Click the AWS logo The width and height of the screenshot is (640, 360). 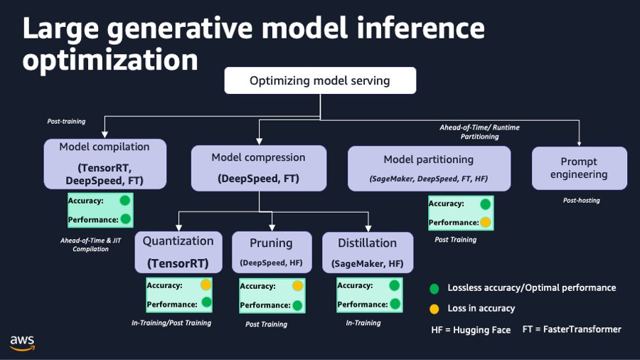pyautogui.click(x=23, y=342)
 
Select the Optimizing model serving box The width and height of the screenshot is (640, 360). pyautogui.click(x=320, y=81)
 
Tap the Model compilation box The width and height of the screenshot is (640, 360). pyautogui.click(x=105, y=164)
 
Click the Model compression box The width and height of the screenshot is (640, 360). pyautogui.click(x=258, y=168)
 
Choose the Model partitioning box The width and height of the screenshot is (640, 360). pyautogui.click(x=429, y=169)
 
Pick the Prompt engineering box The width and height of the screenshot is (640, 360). pyautogui.click(x=579, y=168)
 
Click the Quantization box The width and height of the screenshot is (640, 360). pyautogui.click(x=178, y=252)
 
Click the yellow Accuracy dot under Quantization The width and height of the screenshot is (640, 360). pyautogui.click(x=206, y=285)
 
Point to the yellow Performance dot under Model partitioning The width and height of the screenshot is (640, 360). pyautogui.click(x=486, y=223)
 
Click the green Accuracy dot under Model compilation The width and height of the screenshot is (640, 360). pyautogui.click(x=124, y=201)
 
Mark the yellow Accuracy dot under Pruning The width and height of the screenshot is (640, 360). pyautogui.click(x=298, y=286)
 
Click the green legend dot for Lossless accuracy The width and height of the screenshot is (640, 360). pyautogui.click(x=434, y=288)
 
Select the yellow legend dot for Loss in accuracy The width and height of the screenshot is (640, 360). pyautogui.click(x=434, y=309)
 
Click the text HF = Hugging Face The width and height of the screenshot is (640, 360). pyautogui.click(x=471, y=329)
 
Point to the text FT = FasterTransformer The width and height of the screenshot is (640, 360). pyautogui.click(x=571, y=329)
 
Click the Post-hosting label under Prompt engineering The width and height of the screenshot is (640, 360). pyautogui.click(x=581, y=201)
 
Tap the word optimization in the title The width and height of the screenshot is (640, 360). pyautogui.click(x=110, y=60)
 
